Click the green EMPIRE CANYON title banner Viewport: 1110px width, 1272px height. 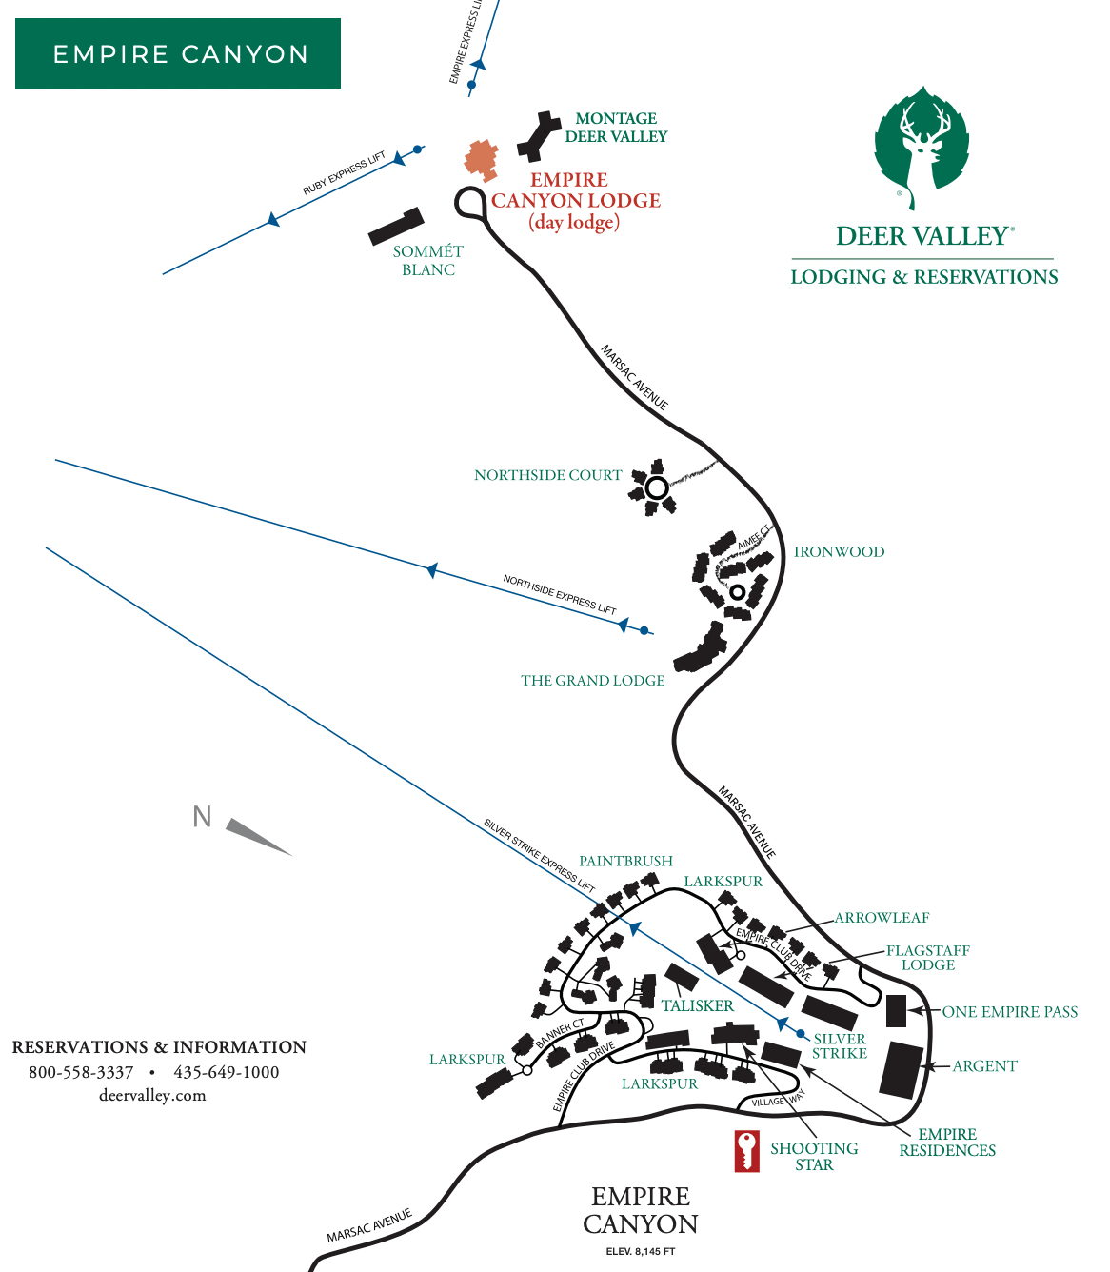tap(178, 53)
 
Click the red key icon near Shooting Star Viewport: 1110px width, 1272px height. tap(746, 1150)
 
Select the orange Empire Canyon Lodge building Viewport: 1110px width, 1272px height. tap(482, 159)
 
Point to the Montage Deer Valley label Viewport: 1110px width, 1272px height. tap(616, 128)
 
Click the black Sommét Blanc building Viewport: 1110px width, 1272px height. tap(396, 227)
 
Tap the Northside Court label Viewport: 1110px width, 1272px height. tap(547, 475)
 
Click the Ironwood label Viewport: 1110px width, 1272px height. tap(839, 552)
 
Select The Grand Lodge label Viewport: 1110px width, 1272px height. tap(592, 681)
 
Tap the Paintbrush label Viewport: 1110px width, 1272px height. tap(625, 862)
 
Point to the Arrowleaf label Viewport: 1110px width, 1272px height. tap(882, 918)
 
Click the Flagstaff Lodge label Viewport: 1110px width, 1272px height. tap(927, 958)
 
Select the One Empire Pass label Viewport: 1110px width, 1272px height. tap(1009, 1012)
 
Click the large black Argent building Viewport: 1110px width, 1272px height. tap(902, 1070)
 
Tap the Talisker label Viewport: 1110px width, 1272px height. tap(698, 1006)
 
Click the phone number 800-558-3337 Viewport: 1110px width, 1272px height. tap(81, 1072)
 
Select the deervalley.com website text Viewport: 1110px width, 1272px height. tap(152, 1096)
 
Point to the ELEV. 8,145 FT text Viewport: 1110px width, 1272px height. tap(640, 1251)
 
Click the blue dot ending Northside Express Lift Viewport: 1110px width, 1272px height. tap(644, 630)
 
